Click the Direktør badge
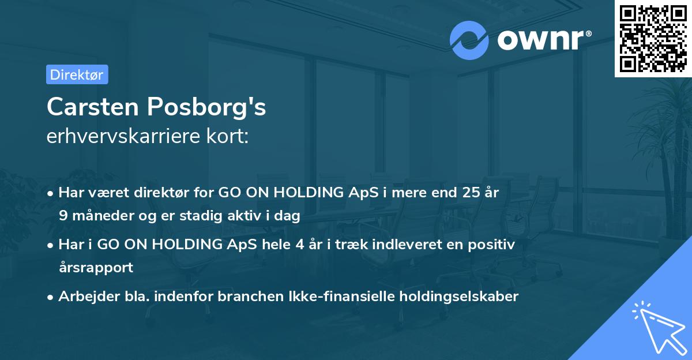tap(77, 74)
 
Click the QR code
tap(653, 38)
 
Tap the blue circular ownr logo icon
tap(469, 40)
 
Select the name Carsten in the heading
tap(92, 107)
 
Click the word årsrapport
tap(96, 268)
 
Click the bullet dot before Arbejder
tap(51, 297)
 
